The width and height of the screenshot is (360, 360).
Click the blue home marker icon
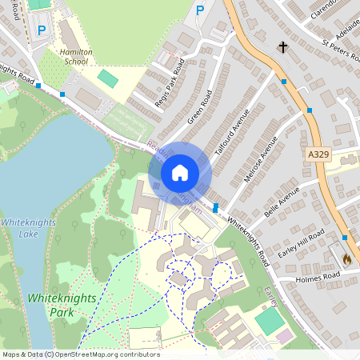point(180,172)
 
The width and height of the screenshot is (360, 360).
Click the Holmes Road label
point(318,277)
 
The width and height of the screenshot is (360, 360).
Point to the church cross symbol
point(282,47)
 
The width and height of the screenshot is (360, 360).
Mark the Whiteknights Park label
point(62,304)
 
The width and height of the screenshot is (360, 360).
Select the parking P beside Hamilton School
point(41,30)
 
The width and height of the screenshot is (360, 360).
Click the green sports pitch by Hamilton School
point(107,78)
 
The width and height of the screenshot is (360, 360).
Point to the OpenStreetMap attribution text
point(81,354)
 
